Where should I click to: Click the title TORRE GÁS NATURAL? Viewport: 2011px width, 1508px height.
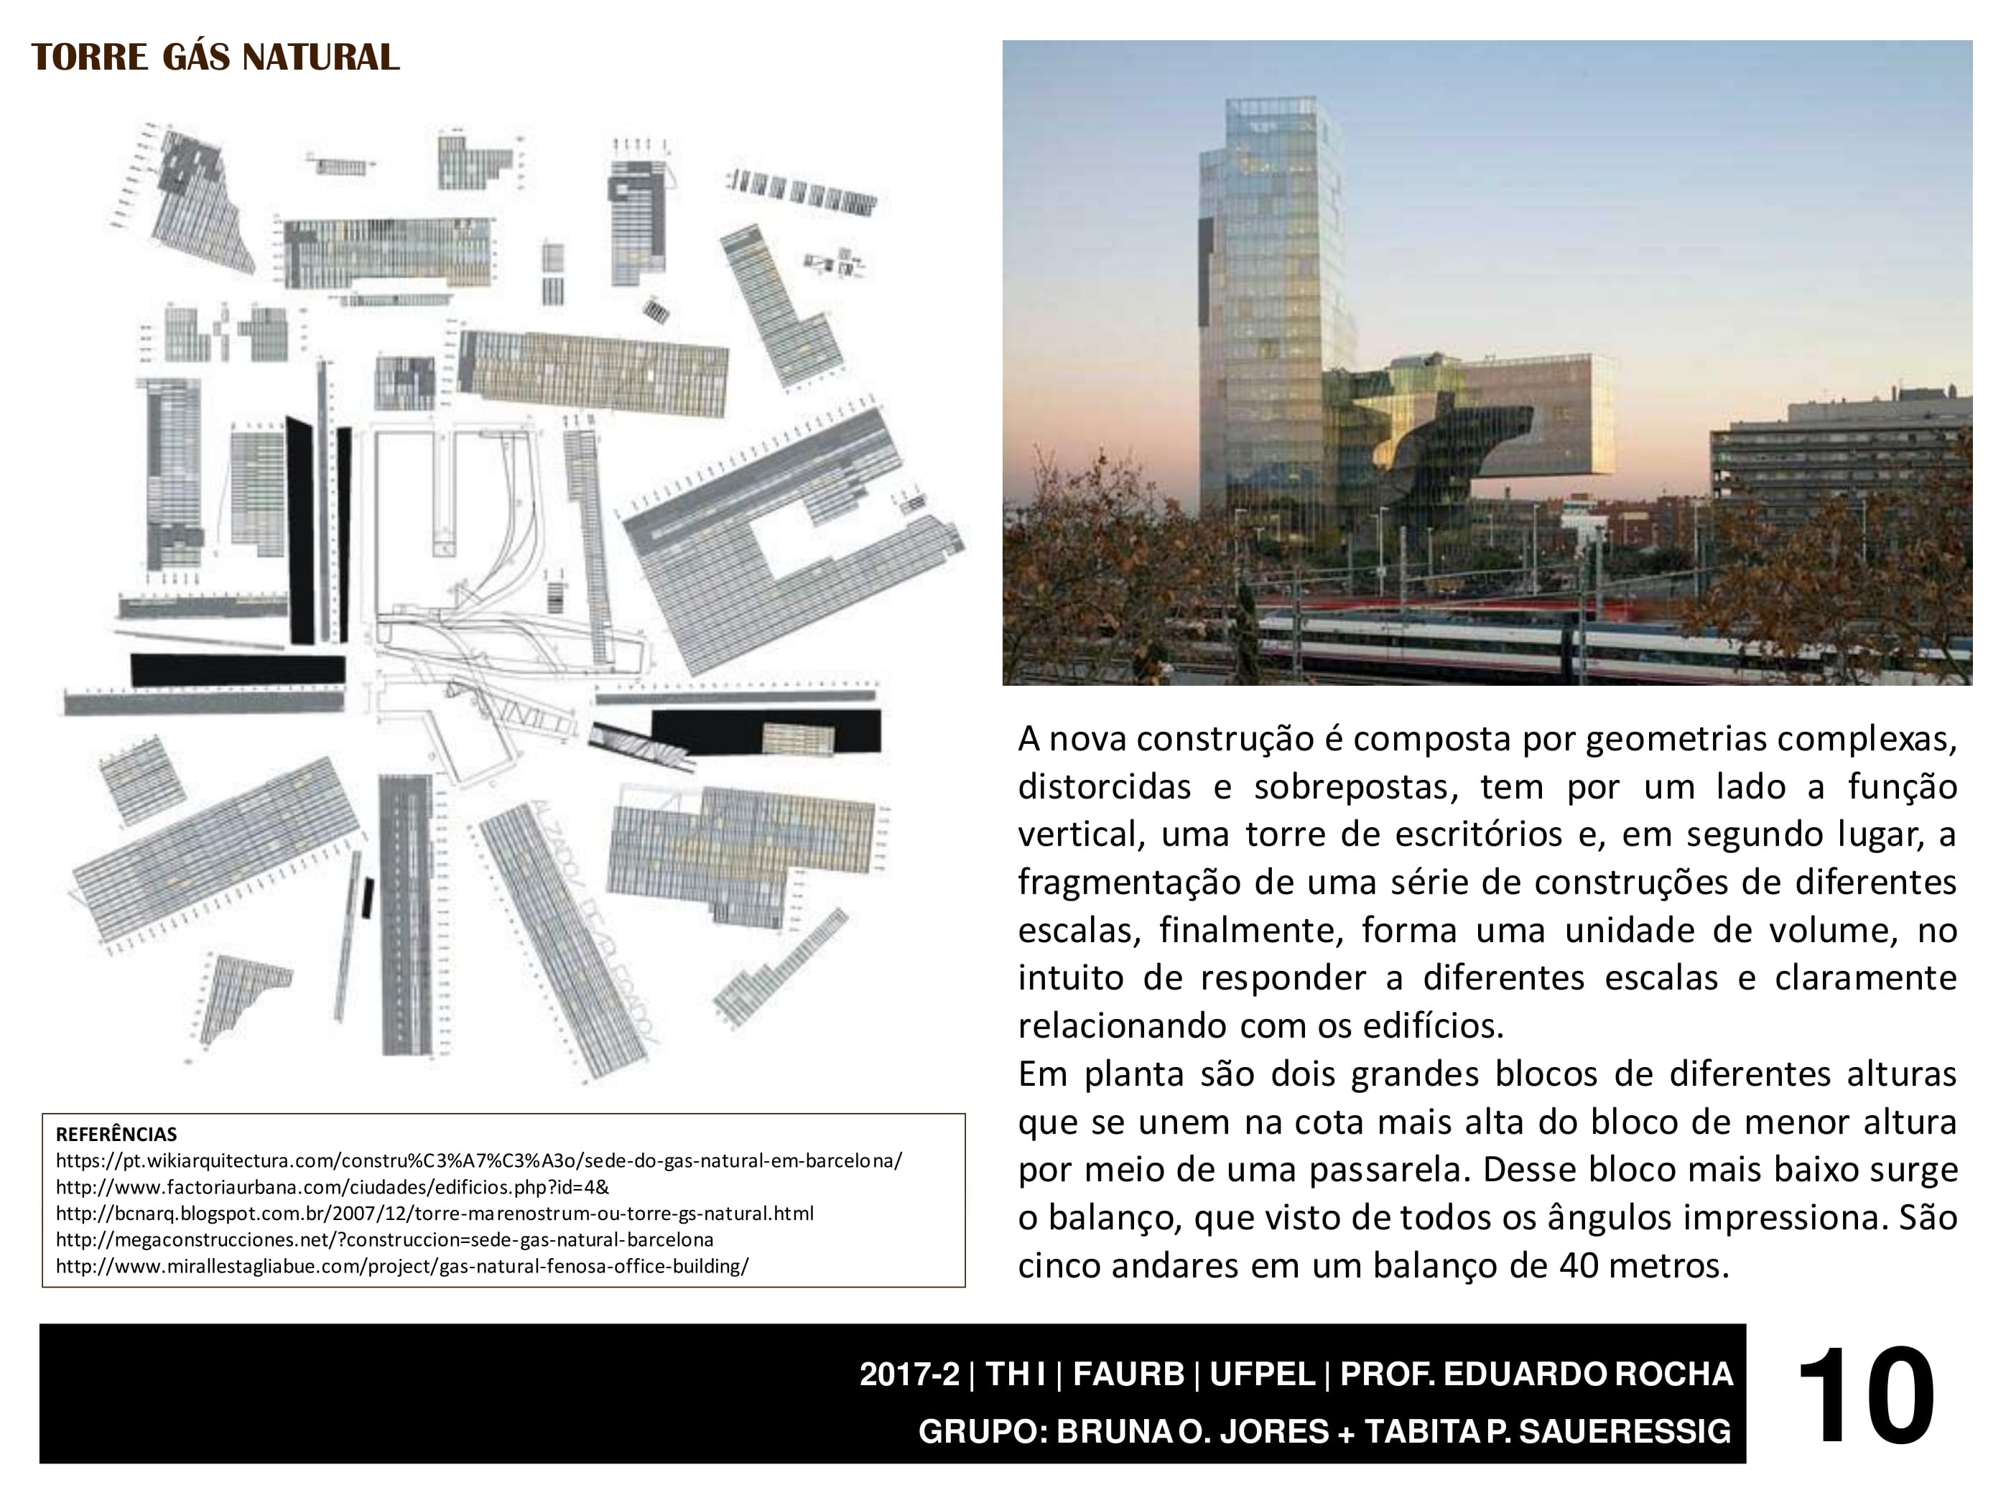tap(215, 57)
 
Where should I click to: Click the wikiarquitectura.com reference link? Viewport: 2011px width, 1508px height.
tap(478, 1160)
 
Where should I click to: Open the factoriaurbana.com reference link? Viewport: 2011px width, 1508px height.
tap(332, 1187)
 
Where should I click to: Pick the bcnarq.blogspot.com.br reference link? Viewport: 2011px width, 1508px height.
tap(435, 1214)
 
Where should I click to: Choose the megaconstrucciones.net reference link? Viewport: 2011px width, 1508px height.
tap(384, 1240)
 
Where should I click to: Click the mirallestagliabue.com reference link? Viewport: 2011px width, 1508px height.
tap(401, 1266)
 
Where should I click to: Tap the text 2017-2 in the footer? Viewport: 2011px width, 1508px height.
tap(909, 1374)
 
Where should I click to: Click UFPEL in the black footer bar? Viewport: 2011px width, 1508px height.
tap(1262, 1374)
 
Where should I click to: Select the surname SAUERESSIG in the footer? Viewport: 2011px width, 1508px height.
tap(1625, 1430)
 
